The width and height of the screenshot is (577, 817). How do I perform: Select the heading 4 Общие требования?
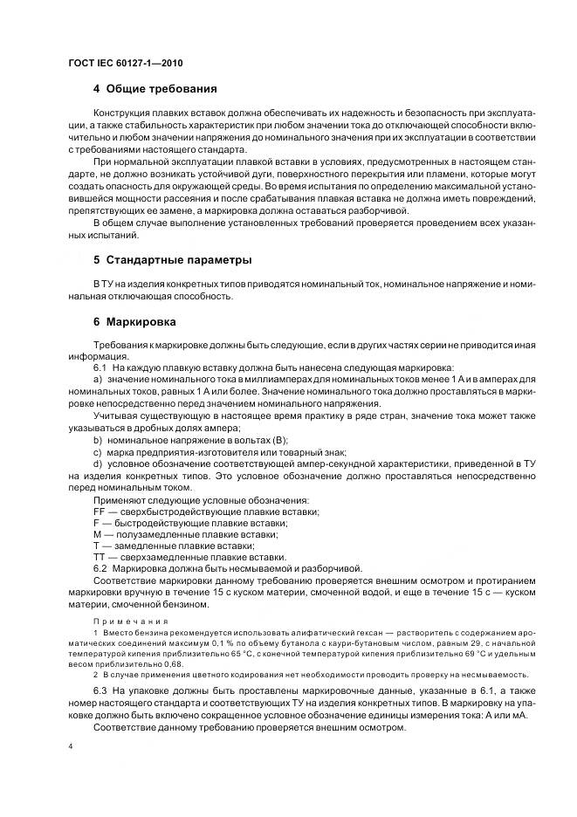pyautogui.click(x=155, y=89)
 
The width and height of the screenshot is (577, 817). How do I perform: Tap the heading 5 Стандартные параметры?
pyautogui.click(x=173, y=260)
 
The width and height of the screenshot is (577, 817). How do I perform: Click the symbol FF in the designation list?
pyautogui.click(x=99, y=511)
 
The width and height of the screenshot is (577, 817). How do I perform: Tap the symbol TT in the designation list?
pyautogui.click(x=99, y=556)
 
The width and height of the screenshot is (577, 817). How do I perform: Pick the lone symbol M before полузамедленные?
pyautogui.click(x=97, y=533)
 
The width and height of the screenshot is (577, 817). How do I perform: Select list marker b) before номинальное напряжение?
pyautogui.click(x=98, y=440)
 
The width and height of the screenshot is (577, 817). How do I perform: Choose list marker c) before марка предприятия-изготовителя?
pyautogui.click(x=98, y=451)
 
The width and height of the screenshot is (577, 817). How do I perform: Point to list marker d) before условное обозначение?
pyautogui.click(x=98, y=463)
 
